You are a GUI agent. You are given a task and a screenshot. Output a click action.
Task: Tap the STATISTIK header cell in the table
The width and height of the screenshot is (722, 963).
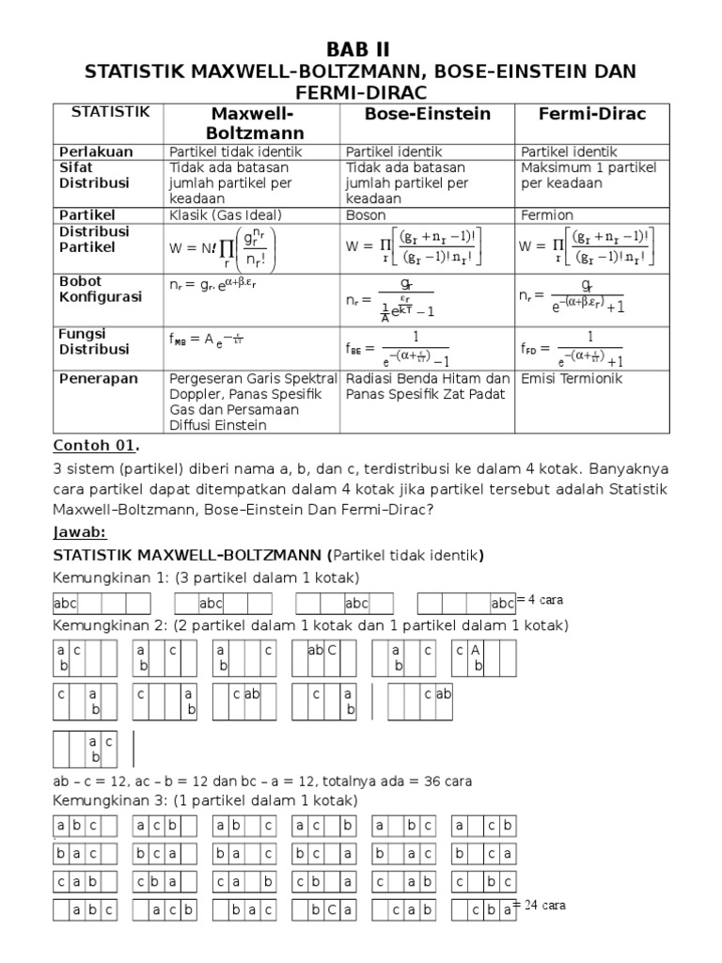[x=110, y=112]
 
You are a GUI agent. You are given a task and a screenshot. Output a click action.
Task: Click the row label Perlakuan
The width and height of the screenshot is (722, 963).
[x=97, y=150]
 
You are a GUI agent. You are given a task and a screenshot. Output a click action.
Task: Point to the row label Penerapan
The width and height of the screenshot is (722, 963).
[x=99, y=378]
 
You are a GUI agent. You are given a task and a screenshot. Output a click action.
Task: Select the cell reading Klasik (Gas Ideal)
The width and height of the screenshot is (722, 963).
[x=226, y=215]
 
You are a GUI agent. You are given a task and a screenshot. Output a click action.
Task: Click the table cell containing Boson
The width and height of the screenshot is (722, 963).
[x=368, y=215]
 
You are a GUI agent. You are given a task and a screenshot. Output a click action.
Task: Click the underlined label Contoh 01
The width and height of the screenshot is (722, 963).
[x=94, y=445]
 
